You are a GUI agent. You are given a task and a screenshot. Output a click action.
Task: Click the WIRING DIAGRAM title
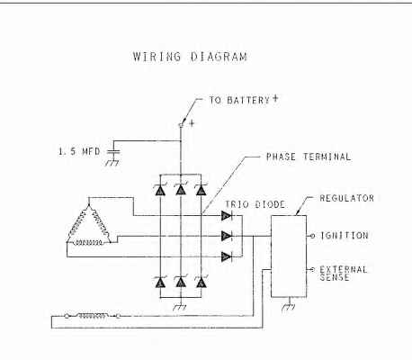tap(190, 57)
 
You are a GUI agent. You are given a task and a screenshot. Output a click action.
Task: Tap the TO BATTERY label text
tap(239, 100)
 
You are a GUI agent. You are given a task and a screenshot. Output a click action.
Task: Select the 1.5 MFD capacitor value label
tap(79, 151)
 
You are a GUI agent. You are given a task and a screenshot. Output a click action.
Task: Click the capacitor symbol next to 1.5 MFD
tap(113, 151)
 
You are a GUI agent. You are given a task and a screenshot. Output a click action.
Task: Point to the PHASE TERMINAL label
tap(309, 157)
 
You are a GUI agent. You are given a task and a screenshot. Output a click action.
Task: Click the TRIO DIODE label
tap(255, 204)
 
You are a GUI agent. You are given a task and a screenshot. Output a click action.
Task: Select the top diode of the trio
tap(227, 215)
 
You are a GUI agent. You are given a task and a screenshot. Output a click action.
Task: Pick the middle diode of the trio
tap(227, 236)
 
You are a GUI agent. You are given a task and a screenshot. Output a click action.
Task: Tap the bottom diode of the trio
tap(227, 256)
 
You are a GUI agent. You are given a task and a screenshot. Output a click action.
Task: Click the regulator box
tap(289, 256)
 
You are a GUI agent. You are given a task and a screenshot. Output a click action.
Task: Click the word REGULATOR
tap(347, 198)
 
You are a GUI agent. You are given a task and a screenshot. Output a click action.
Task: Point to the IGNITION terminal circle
tap(312, 236)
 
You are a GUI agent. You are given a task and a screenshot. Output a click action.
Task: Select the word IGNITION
tap(345, 236)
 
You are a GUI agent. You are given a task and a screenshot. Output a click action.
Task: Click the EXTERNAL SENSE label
tap(344, 274)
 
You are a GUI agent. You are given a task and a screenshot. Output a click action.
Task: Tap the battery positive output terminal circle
tap(181, 125)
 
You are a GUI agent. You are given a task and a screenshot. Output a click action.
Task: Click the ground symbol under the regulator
tap(289, 307)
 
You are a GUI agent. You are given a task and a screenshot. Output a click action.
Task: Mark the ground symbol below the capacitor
tap(112, 163)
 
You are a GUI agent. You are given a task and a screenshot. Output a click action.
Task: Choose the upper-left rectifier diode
tap(160, 190)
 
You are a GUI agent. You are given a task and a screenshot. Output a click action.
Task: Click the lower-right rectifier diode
tap(201, 282)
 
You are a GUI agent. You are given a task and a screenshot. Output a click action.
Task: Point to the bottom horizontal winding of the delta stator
tap(89, 242)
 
